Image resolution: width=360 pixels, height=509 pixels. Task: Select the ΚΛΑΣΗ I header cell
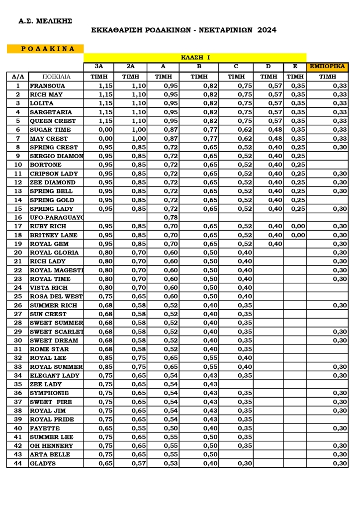coord(195,58)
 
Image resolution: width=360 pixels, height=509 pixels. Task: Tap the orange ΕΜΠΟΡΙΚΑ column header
coord(327,66)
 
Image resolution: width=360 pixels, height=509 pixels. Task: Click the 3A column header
coord(99,66)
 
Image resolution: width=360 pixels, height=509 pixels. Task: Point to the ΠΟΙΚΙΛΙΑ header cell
coord(56,77)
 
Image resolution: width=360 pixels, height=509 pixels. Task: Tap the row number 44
coord(18,463)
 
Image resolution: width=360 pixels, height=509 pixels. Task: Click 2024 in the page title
coord(267,30)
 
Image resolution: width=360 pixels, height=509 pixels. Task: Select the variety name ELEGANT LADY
coord(54,376)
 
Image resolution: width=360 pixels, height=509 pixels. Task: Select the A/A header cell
coord(18,77)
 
